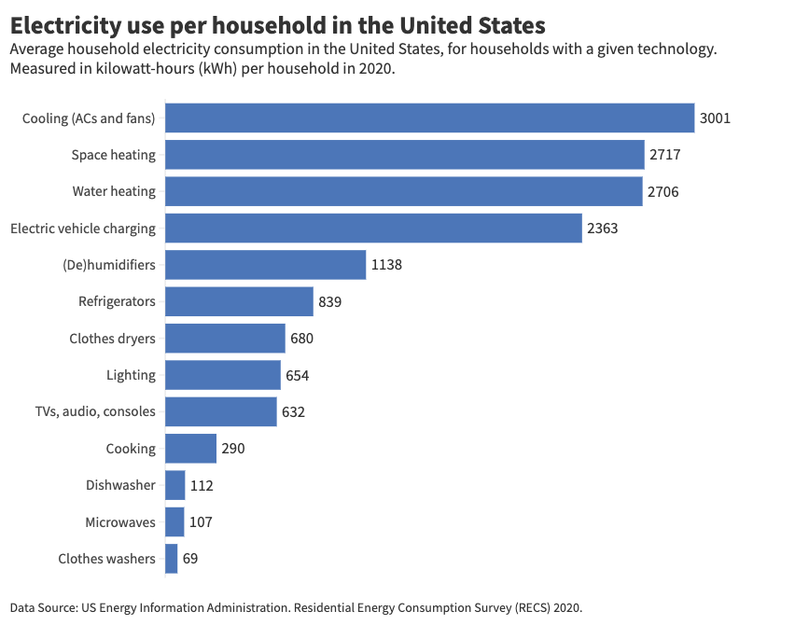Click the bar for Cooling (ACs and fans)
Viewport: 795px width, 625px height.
pos(429,118)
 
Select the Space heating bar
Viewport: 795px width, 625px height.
pos(404,155)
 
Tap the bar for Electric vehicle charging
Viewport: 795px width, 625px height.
pos(373,228)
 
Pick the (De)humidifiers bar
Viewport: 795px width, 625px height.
pos(265,265)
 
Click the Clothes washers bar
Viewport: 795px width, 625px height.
pos(172,559)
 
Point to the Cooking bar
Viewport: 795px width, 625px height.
pos(190,449)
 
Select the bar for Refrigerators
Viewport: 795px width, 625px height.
pos(239,301)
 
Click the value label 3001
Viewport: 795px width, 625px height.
pos(715,118)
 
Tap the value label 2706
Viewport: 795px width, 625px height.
pos(662,192)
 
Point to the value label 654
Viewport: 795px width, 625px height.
pos(297,376)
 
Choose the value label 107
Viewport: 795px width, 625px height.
pos(201,522)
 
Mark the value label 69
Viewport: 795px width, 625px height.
pos(190,559)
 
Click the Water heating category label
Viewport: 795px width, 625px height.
pos(114,191)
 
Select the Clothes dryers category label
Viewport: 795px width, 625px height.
pos(112,339)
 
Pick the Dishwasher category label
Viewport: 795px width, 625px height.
pos(120,485)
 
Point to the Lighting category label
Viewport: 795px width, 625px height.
pos(131,375)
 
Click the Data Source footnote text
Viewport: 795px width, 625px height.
pos(296,607)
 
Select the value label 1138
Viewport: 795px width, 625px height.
pos(386,265)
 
